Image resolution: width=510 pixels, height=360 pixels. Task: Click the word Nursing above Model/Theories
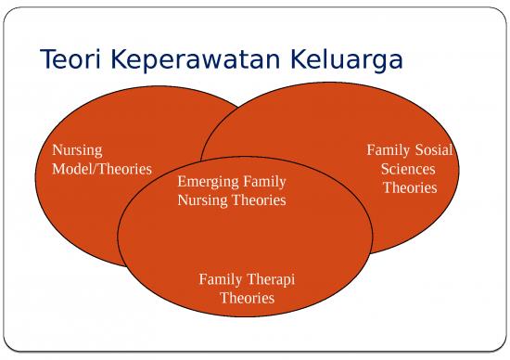[77, 149]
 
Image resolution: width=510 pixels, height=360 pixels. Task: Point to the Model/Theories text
[102, 169]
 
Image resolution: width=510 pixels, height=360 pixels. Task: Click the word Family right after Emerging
[264, 181]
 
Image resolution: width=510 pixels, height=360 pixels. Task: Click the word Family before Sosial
[388, 149]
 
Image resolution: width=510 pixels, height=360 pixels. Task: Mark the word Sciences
[409, 169]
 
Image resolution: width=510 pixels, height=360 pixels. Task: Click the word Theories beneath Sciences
[410, 187]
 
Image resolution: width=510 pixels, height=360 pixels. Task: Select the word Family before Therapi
[221, 279]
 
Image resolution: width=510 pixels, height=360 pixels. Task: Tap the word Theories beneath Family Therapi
[247, 298]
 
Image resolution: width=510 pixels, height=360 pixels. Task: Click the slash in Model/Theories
[92, 169]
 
